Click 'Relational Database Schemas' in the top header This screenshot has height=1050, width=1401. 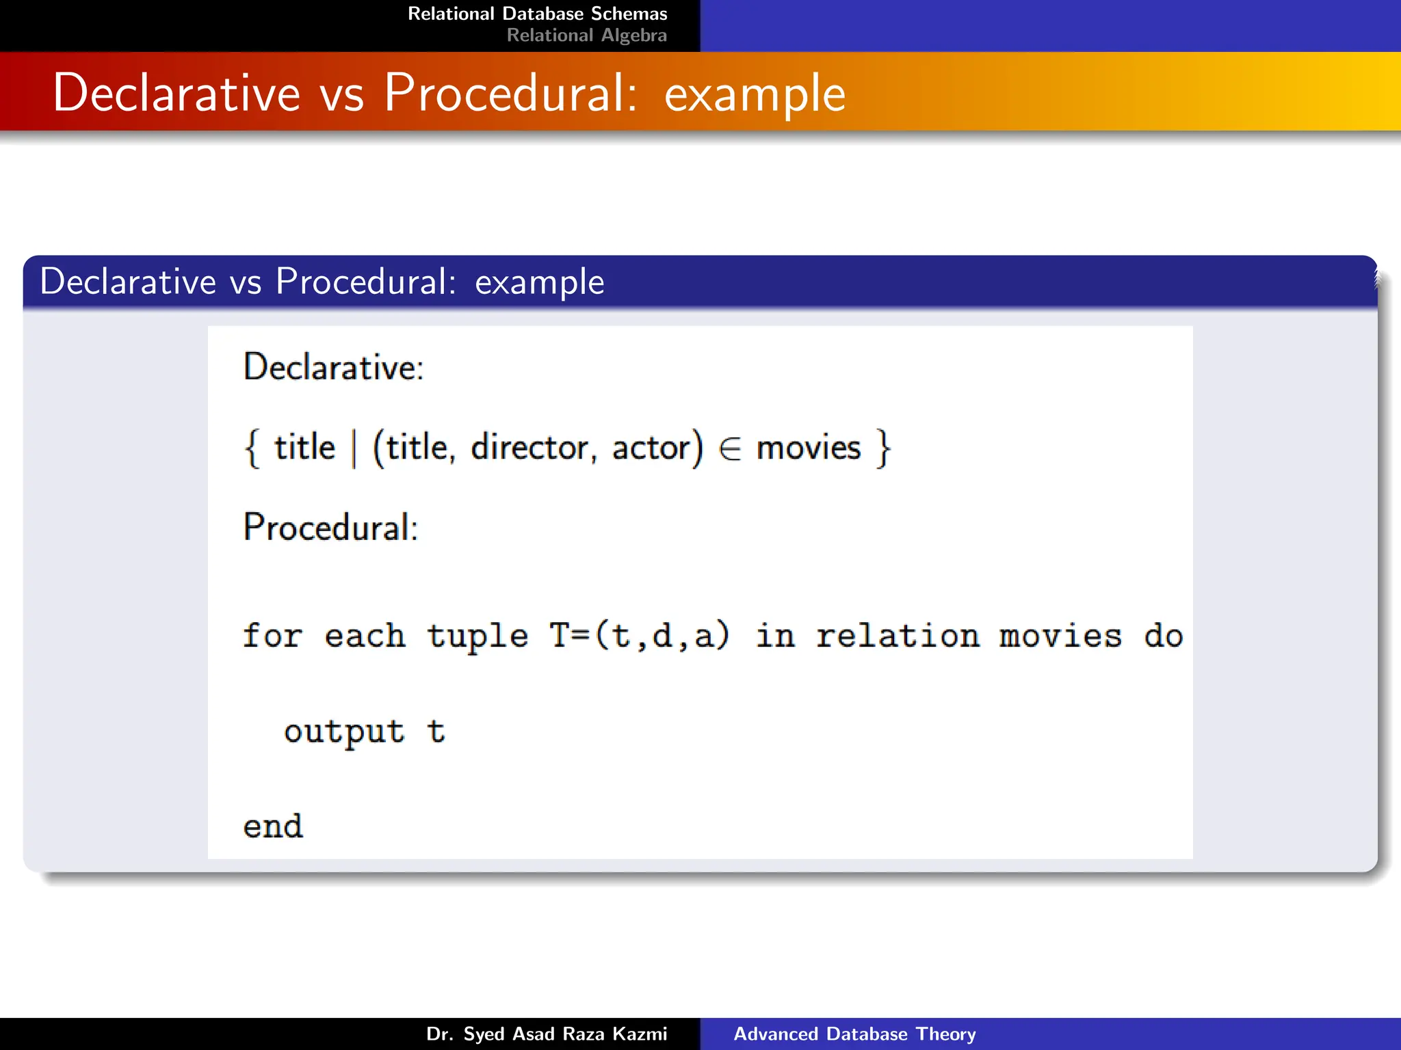click(x=537, y=14)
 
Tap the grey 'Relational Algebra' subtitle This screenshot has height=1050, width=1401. click(x=586, y=36)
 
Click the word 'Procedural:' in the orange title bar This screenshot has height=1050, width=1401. click(x=510, y=93)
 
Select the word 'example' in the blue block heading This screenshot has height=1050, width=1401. click(x=539, y=282)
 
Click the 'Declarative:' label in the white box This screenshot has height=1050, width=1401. click(x=334, y=367)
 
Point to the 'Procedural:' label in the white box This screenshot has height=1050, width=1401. click(x=330, y=527)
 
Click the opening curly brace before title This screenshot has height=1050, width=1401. click(x=252, y=448)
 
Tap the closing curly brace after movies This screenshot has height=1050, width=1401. click(x=884, y=448)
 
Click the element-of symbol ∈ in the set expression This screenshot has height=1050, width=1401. click(x=730, y=449)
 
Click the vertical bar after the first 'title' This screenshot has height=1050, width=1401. click(x=354, y=448)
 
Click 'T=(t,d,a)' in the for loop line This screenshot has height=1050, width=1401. click(x=640, y=636)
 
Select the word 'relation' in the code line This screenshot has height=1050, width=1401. click(x=897, y=636)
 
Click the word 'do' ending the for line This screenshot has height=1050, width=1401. click(x=1163, y=636)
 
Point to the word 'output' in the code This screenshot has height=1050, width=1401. click(x=344, y=732)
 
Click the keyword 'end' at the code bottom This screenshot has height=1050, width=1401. click(x=273, y=826)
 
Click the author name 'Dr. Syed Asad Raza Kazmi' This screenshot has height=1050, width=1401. click(x=546, y=1034)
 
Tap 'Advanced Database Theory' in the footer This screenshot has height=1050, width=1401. click(x=854, y=1034)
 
